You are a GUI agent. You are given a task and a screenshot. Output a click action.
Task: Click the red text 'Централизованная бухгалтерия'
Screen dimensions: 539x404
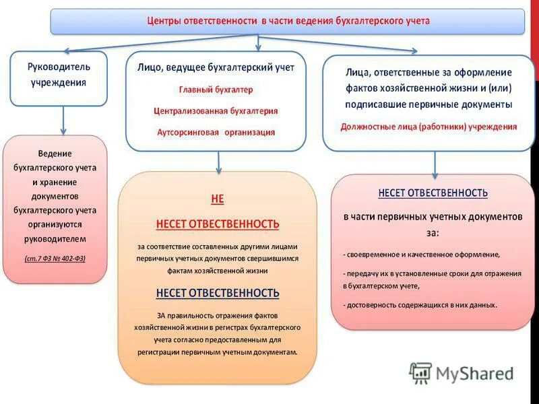(216, 110)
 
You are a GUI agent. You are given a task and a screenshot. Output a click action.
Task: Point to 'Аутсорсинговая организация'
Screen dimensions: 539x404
(216, 132)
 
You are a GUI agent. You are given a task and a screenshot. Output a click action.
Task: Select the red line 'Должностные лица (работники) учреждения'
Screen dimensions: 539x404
(429, 126)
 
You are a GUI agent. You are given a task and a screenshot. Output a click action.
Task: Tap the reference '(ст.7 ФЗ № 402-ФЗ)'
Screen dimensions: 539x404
(55, 258)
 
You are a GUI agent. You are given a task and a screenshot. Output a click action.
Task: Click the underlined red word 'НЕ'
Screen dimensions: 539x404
(217, 199)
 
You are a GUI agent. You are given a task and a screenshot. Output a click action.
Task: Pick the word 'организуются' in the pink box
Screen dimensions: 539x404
(55, 224)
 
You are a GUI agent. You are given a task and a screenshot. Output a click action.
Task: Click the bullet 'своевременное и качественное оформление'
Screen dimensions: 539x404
(422, 255)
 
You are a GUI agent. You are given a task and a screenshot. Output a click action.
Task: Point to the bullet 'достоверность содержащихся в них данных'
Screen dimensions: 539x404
(420, 304)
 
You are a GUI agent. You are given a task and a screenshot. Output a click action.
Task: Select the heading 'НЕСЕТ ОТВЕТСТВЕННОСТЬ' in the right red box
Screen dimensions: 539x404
(433, 193)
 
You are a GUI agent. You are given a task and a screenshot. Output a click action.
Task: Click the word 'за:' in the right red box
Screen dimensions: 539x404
(432, 232)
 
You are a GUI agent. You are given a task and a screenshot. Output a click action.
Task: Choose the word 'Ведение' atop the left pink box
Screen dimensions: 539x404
(55, 154)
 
